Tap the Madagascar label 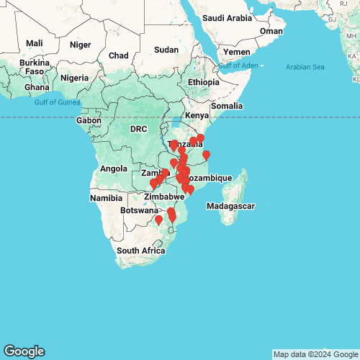click(230, 207)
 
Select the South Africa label click(142, 251)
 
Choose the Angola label click(114, 169)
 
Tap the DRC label click(138, 129)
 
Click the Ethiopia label click(204, 82)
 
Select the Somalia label click(227, 106)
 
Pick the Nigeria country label click(74, 78)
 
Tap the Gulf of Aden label click(238, 66)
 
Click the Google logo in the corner click(23, 351)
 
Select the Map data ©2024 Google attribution click(315, 354)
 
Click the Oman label click(271, 31)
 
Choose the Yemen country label click(237, 53)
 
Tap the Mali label click(34, 43)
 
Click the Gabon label click(89, 120)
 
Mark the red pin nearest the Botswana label click(158, 219)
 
